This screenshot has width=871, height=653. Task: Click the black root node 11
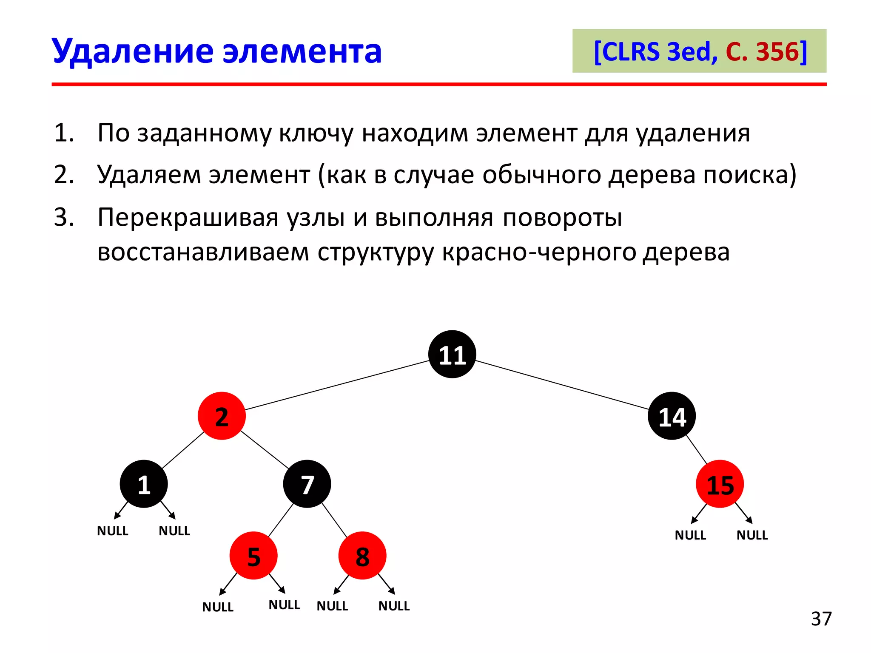[452, 354]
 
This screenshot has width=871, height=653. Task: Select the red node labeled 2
[222, 416]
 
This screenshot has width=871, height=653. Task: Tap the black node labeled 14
[672, 416]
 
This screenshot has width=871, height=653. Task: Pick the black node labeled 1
[144, 484]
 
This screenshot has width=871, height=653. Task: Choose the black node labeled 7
[307, 484]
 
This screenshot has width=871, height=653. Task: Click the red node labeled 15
[720, 484]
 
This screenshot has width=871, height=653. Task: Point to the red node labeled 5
[253, 556]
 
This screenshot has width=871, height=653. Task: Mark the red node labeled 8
[362, 556]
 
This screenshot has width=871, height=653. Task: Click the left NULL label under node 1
[113, 531]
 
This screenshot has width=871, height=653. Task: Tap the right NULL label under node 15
[752, 535]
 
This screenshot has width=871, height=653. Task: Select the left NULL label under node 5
[218, 607]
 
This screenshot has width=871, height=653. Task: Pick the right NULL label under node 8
[394, 606]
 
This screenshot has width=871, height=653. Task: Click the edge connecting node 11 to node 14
[561, 385]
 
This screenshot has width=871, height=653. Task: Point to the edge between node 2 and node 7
[265, 449]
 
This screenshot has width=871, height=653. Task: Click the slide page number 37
[821, 619]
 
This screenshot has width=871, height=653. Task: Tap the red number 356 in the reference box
[778, 52]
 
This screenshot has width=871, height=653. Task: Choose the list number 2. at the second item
[64, 175]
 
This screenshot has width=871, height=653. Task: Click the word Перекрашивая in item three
[188, 218]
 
